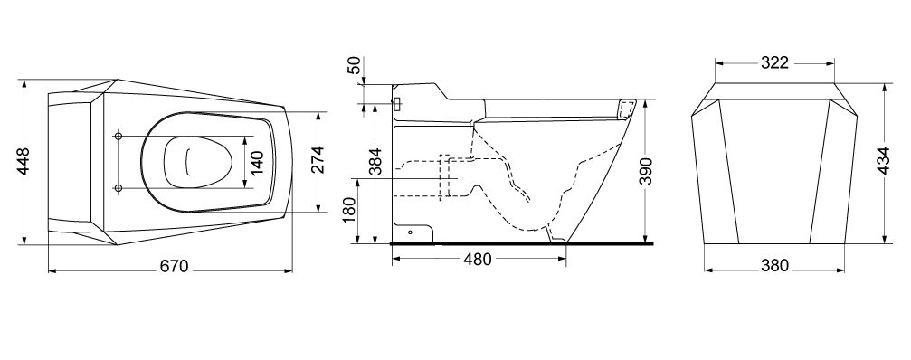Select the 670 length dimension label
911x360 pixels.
click(x=174, y=266)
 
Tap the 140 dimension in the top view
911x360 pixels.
click(x=258, y=163)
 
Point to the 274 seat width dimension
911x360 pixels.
click(x=317, y=161)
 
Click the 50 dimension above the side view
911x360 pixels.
click(x=354, y=66)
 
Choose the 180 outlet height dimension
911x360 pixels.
click(x=348, y=210)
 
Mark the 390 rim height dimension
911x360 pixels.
click(x=646, y=171)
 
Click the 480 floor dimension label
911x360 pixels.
click(x=477, y=259)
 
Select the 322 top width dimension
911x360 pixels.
click(x=774, y=62)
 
